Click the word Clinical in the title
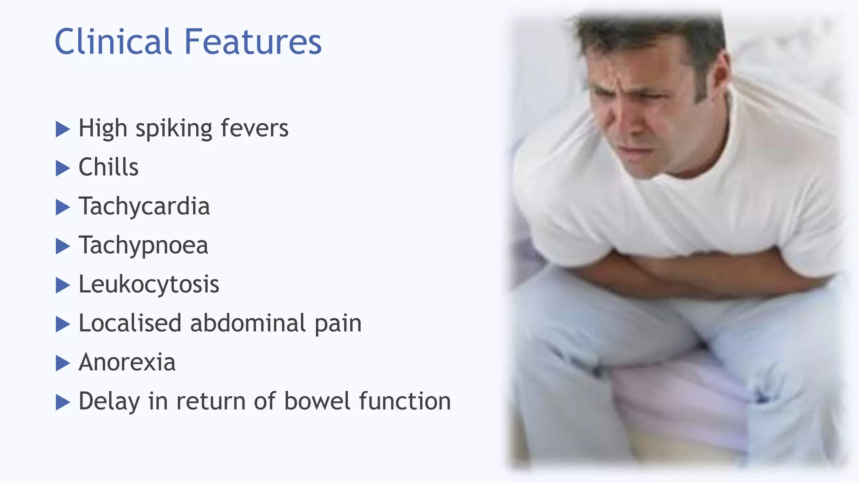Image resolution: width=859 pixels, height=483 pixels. pos(113,42)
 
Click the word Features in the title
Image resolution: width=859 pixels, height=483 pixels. pos(252,42)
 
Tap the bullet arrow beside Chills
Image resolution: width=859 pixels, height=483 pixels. pos(62,168)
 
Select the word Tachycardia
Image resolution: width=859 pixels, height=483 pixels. pos(144,206)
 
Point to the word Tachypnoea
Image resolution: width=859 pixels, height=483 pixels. pos(143,245)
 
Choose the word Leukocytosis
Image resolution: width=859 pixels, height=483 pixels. pos(149,284)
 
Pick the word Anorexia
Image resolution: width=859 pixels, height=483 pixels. pos(127,362)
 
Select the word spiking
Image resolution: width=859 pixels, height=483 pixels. pos(174,129)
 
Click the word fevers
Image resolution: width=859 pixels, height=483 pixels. pos(255,128)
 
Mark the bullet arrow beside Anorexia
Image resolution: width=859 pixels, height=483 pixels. pos(62,363)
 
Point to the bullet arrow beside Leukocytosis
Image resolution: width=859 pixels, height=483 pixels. pos(62,285)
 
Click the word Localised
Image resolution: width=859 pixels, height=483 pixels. pos(130,323)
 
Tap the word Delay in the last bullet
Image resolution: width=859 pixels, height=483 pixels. pos(109,401)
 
